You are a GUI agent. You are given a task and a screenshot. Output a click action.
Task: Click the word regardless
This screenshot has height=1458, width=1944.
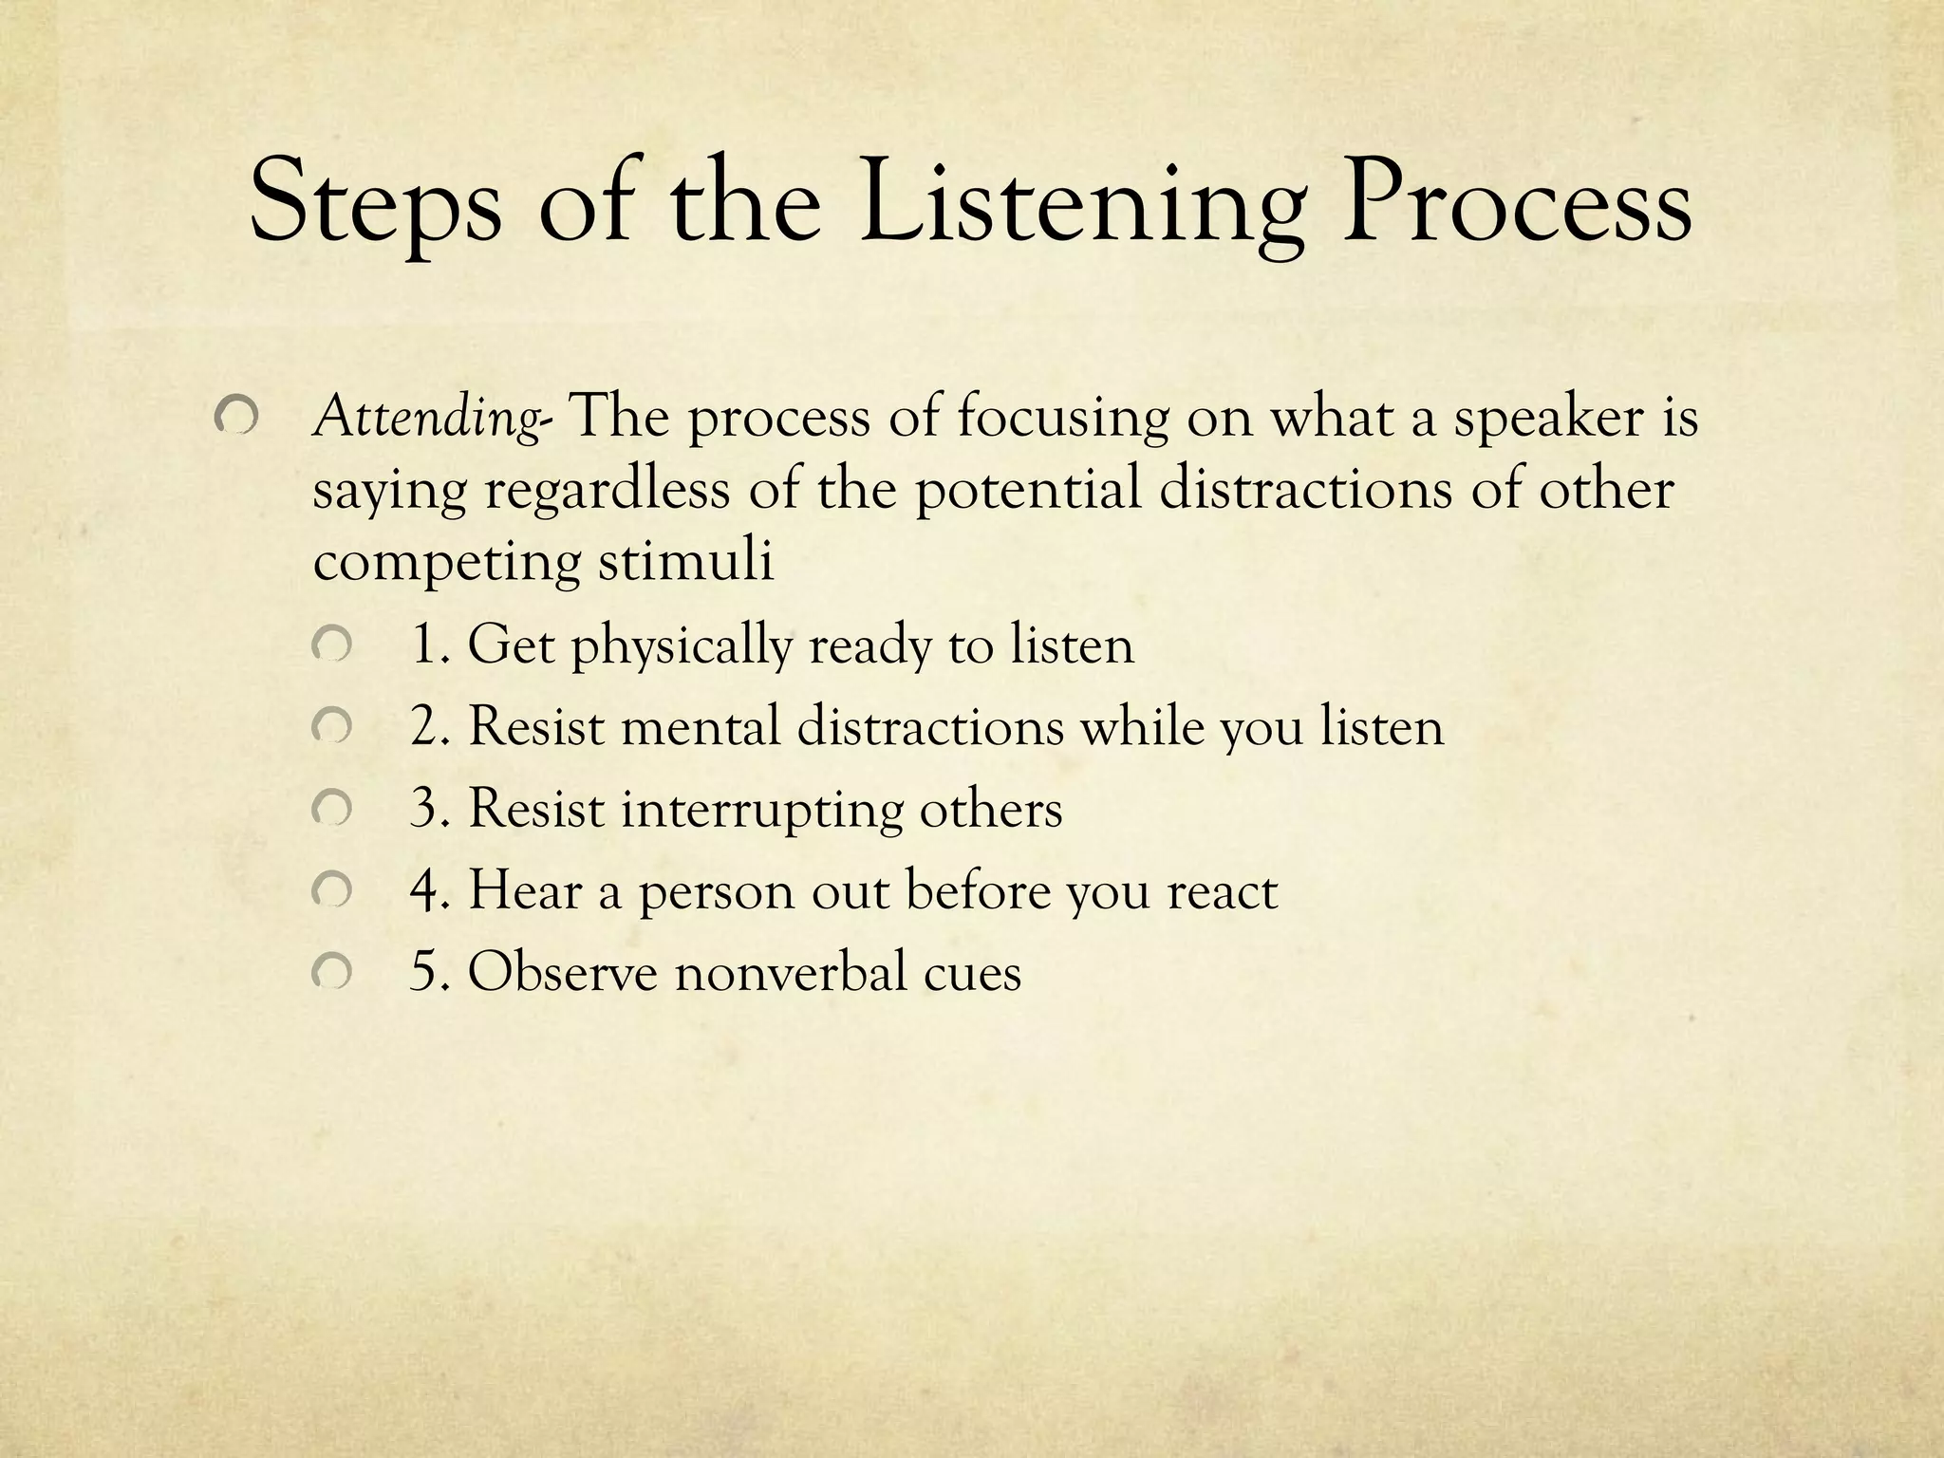(607, 492)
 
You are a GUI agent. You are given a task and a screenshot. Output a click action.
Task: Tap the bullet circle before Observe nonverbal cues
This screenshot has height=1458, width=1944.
(331, 972)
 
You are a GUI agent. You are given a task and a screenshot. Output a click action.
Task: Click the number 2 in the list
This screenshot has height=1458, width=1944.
(423, 727)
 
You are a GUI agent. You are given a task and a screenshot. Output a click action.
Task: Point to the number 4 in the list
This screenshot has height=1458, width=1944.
(423, 891)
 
